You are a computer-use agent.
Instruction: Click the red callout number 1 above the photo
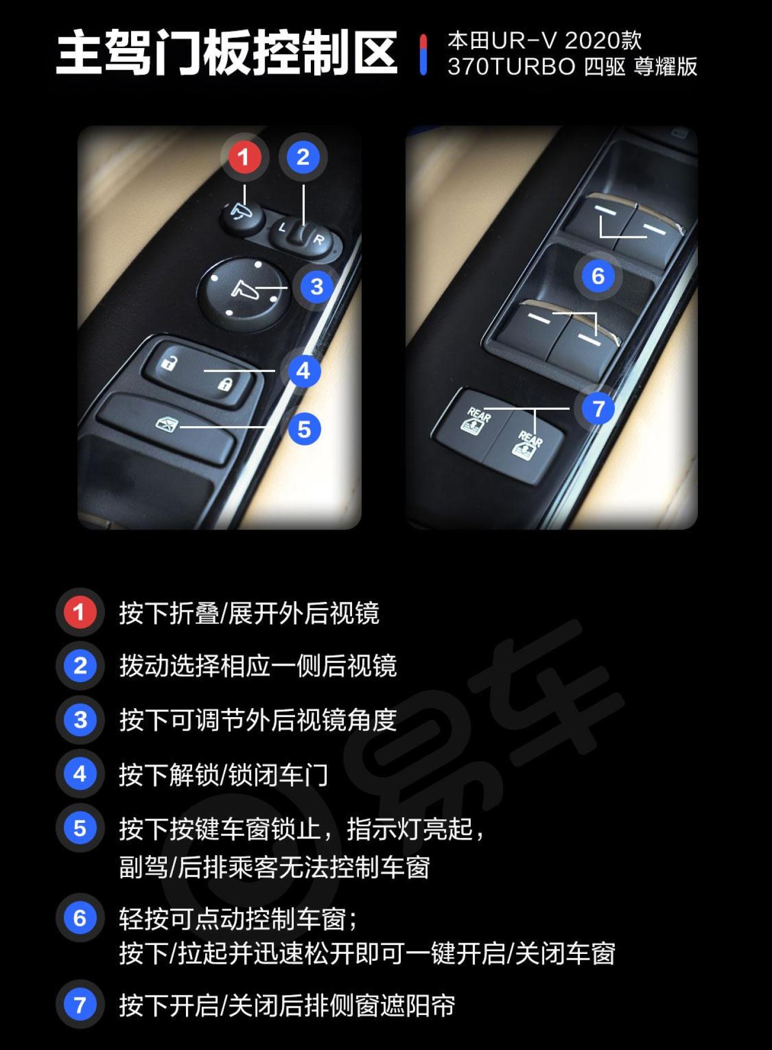[x=244, y=157]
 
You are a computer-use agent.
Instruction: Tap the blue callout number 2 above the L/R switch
[x=303, y=157]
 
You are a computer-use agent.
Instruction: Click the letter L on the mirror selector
[x=282, y=228]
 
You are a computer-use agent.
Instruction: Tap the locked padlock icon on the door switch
[x=225, y=385]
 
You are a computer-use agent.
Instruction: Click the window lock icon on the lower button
[x=167, y=422]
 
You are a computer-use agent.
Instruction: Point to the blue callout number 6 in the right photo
[x=598, y=276]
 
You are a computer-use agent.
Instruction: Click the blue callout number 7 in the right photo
[x=598, y=408]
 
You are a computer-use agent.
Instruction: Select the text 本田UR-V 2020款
[x=544, y=41]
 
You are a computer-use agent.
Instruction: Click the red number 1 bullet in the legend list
[x=79, y=612]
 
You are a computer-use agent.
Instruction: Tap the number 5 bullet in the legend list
[x=80, y=828]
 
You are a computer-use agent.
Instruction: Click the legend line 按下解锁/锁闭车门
[x=223, y=774]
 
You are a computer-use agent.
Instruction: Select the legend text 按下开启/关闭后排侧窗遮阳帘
[x=287, y=1005]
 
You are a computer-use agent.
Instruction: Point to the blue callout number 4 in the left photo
[x=303, y=371]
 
